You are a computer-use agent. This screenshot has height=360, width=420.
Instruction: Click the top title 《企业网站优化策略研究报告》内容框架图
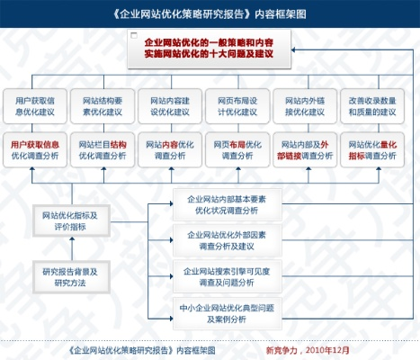[210, 15]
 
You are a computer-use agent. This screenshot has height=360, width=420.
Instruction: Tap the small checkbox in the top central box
[133, 38]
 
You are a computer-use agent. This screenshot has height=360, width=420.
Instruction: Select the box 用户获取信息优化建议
[36, 106]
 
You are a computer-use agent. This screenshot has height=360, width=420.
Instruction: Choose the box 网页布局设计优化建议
[237, 106]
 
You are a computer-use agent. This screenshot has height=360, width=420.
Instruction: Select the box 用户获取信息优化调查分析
[36, 149]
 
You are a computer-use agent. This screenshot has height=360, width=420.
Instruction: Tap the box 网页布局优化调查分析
[237, 149]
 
